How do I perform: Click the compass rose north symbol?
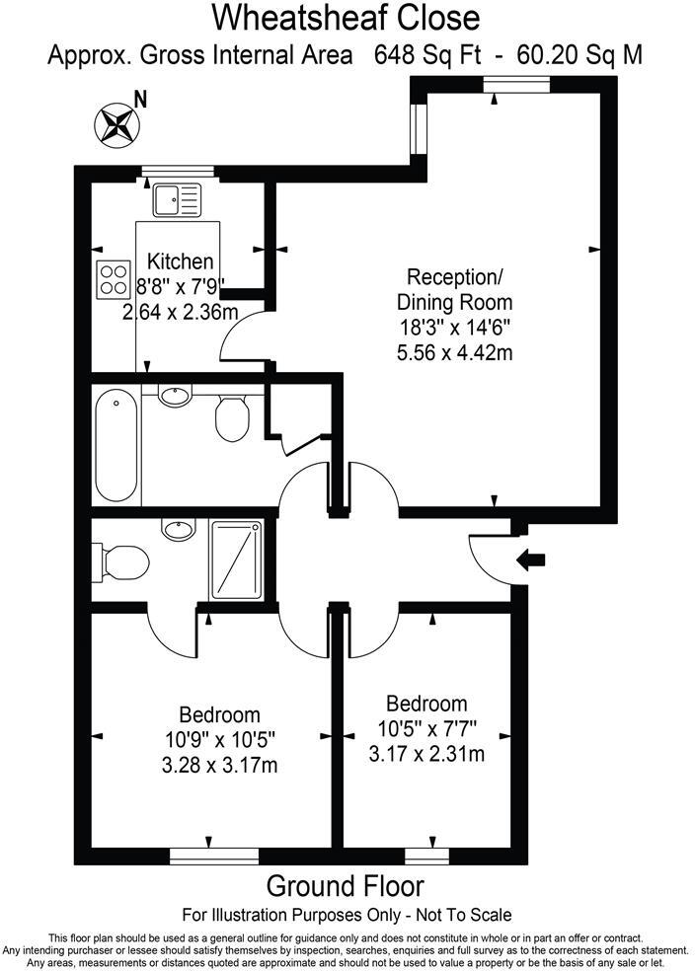coord(115,123)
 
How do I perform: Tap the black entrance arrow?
coord(531,560)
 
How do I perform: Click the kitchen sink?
coord(177,199)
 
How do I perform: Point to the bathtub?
coord(116,444)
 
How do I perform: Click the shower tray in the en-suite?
coord(237,559)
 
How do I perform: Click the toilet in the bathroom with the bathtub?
coord(232,415)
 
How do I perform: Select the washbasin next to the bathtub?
coord(175,397)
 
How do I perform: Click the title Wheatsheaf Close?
coord(347,17)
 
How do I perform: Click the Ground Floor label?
coord(346,884)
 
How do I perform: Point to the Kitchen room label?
coord(180,261)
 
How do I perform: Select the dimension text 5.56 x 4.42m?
coord(454,350)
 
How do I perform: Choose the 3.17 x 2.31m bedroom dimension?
coord(425,755)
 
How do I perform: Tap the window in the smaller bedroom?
coord(425,855)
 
